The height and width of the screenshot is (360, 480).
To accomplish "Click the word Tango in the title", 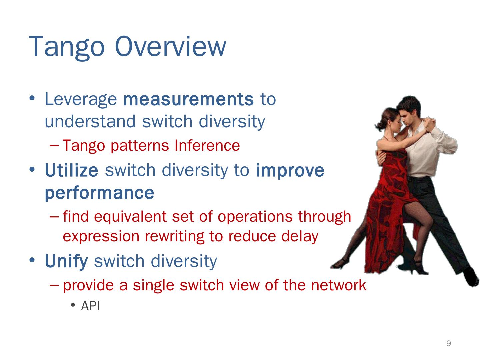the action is tap(67, 47).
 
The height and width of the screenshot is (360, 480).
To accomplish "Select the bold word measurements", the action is tap(189, 99).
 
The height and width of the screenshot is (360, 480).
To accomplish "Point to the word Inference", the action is tap(207, 145).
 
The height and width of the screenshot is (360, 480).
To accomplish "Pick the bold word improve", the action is tap(290, 171).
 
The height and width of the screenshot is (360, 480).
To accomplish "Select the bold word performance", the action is tap(99, 194).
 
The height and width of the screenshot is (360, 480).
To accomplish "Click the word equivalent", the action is tap(130, 217).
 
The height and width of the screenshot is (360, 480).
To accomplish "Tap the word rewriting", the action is tap(174, 237).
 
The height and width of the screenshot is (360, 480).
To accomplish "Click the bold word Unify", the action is tap(66, 261).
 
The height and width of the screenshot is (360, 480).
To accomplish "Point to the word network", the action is tap(339, 285).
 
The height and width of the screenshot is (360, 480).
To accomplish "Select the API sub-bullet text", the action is tap(90, 306).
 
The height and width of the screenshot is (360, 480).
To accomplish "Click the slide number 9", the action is tap(449, 343).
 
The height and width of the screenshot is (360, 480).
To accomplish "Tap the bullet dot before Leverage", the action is tap(32, 98).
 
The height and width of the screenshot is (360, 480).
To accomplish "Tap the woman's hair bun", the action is tap(379, 126).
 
